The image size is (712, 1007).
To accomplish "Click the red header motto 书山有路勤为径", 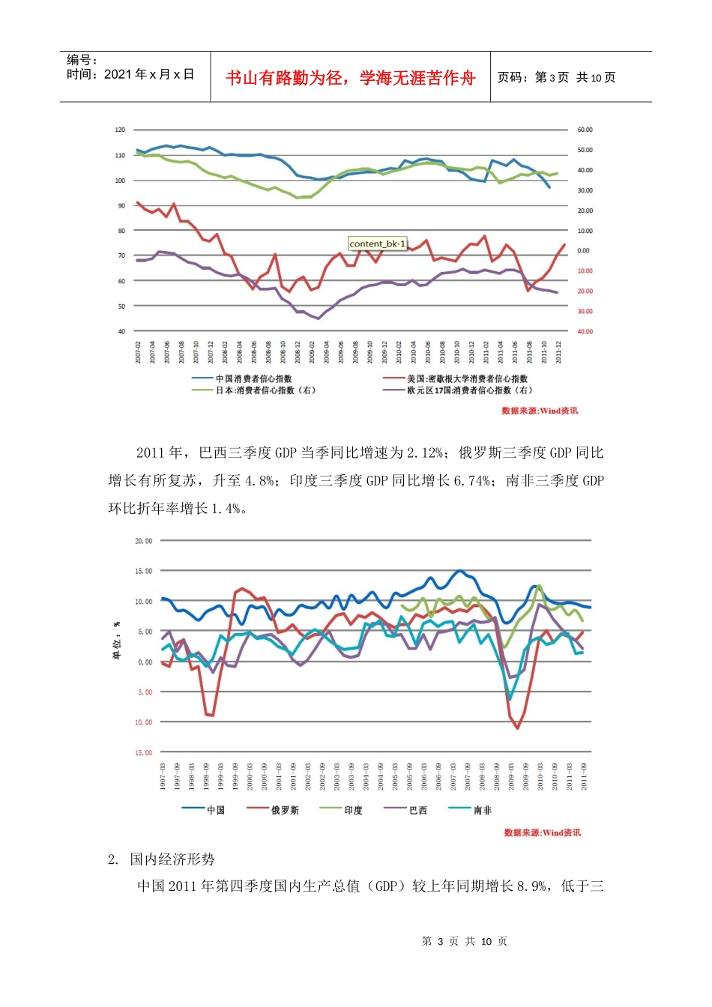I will pyautogui.click(x=351, y=78).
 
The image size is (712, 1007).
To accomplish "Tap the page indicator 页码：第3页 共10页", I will pyautogui.click(x=556, y=78).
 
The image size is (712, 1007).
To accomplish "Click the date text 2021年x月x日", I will pyautogui.click(x=130, y=74).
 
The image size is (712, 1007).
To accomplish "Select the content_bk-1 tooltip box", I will pyautogui.click(x=378, y=244).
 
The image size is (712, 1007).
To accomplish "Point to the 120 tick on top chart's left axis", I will pyautogui.click(x=120, y=130).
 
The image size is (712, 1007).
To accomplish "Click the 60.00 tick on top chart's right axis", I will pyautogui.click(x=585, y=130).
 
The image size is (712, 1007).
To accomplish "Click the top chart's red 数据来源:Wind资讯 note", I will pyautogui.click(x=540, y=411).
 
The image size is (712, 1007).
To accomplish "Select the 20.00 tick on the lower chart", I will pyautogui.click(x=143, y=541).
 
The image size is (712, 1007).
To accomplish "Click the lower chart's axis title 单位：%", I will pyautogui.click(x=117, y=641).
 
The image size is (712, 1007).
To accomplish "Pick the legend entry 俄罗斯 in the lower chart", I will pyautogui.click(x=284, y=810).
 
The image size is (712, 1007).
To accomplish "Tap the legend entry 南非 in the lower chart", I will pyautogui.click(x=483, y=810).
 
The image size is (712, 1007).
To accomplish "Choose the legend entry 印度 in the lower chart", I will pyautogui.click(x=353, y=810).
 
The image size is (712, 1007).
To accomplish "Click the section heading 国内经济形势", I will pyautogui.click(x=172, y=859).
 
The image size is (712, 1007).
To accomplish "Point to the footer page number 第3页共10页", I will pyautogui.click(x=465, y=941).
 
